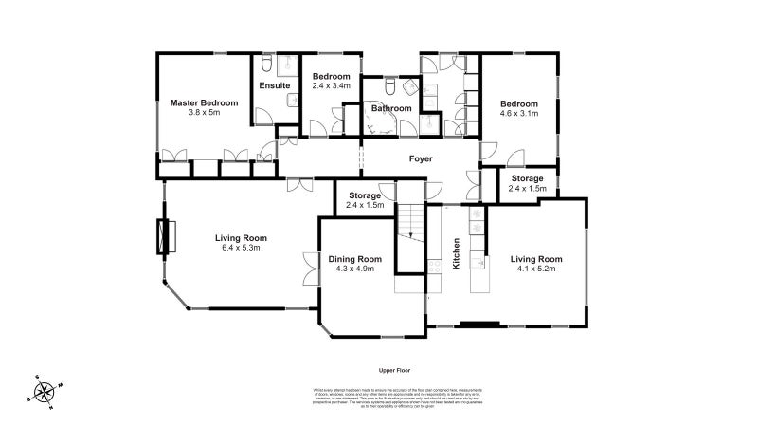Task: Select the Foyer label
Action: (421, 158)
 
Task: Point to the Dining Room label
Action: (355, 259)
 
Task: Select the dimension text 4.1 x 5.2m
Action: (536, 269)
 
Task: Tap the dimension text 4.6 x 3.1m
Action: (519, 113)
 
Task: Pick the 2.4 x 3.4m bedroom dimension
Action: (332, 85)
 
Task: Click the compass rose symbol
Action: (44, 390)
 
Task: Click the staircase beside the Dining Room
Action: (409, 237)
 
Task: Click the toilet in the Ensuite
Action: (266, 65)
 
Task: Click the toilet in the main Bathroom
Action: (389, 87)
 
